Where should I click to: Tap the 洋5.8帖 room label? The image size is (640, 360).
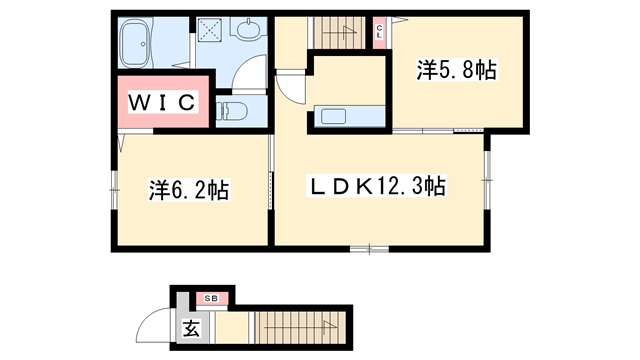[456, 71]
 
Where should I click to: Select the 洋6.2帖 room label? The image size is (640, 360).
[190, 189]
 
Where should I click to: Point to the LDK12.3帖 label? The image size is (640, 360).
[375, 185]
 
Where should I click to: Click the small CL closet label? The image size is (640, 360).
[380, 32]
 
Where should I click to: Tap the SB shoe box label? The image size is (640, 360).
[212, 297]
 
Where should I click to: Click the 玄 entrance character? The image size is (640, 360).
[190, 327]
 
